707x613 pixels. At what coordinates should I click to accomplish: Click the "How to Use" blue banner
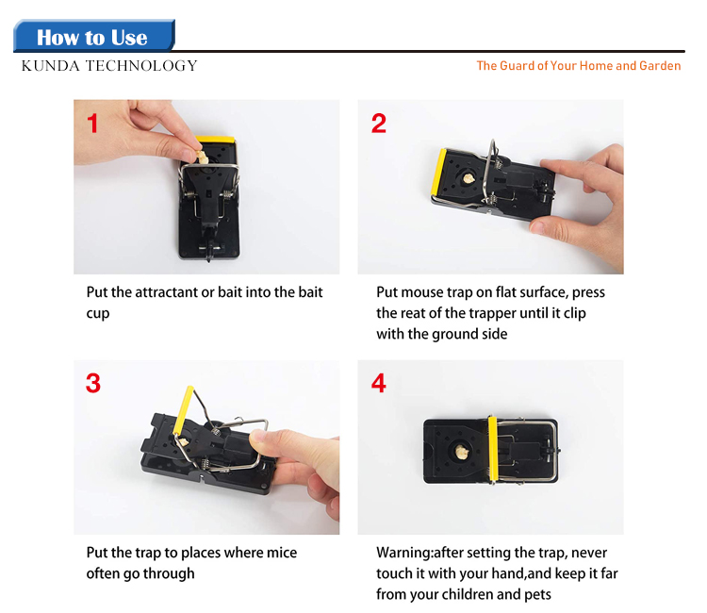coord(93,36)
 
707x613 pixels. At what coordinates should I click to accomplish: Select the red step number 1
coord(93,124)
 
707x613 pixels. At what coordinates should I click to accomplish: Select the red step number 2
coord(379,124)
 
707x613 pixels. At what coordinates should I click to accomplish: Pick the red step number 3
coord(93,383)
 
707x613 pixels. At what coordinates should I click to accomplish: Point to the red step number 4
coord(379,383)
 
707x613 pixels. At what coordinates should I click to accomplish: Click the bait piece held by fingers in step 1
coord(202,157)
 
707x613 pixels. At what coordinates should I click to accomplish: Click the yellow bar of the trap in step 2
coord(437,172)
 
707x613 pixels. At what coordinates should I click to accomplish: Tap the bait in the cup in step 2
coord(469,178)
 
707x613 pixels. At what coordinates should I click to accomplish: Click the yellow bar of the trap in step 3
coord(184,410)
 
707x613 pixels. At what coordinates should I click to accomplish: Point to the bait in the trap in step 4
coord(461,452)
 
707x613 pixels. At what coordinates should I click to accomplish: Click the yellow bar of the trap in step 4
coord(492,448)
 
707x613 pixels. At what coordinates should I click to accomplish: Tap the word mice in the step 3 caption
coord(282,553)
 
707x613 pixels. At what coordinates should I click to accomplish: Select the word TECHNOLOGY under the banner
coord(141,66)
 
